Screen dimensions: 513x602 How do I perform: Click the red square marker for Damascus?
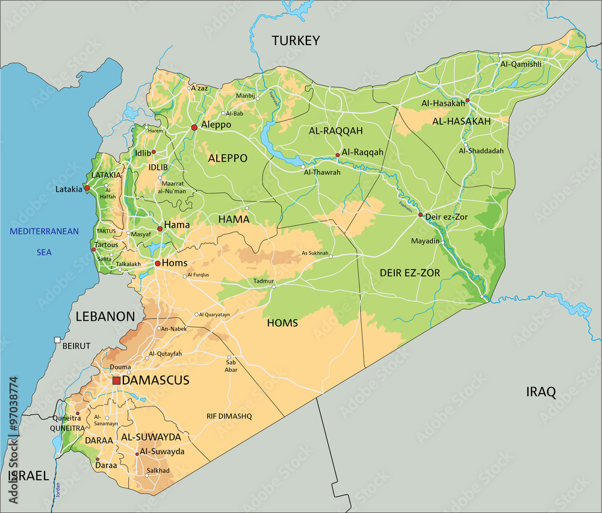[116, 380]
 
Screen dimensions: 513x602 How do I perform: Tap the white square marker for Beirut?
[57, 340]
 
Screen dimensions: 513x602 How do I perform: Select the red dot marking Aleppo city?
[194, 127]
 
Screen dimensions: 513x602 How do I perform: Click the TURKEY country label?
[295, 41]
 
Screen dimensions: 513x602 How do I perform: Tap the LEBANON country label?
[105, 316]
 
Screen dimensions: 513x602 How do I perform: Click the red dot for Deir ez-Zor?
[420, 215]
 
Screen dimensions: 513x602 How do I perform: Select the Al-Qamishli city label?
[521, 64]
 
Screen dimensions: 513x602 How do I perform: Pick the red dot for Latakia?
[87, 188]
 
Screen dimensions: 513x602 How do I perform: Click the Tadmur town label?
[263, 281]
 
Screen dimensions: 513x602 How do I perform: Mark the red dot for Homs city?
[157, 263]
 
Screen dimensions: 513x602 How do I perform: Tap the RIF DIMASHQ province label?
[229, 416]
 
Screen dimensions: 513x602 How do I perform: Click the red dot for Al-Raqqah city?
[338, 155]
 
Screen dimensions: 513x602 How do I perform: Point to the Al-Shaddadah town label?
[481, 151]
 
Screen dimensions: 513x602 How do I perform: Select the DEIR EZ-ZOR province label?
[409, 273]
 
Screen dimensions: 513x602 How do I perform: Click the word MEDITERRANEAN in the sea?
[44, 231]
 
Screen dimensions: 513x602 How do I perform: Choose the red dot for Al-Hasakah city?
[467, 100]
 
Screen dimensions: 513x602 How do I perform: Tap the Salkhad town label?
[158, 470]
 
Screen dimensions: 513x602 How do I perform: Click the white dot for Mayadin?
[442, 242]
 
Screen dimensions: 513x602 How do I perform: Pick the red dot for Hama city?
[160, 228]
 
